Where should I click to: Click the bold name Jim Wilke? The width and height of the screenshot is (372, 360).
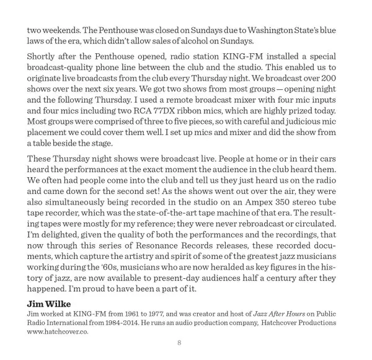point(49,304)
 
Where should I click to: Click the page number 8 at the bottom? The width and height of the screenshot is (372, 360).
point(179,343)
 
